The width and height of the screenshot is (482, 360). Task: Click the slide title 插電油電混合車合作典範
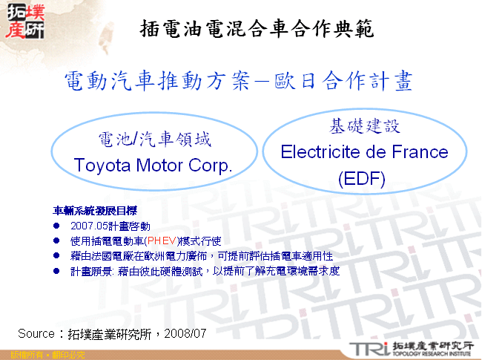(256, 29)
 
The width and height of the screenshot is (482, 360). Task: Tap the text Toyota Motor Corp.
(153, 165)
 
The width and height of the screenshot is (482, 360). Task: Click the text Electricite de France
(364, 152)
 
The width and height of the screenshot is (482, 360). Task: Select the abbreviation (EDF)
(363, 179)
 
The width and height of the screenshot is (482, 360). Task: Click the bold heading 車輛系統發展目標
(95, 211)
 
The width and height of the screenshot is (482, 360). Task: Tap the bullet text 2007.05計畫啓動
(110, 226)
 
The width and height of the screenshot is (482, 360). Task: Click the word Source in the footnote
(36, 333)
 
